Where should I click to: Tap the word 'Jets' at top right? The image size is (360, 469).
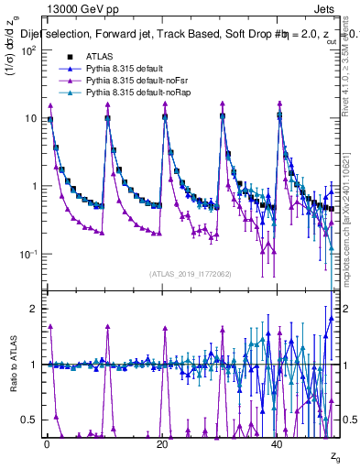[x=326, y=8]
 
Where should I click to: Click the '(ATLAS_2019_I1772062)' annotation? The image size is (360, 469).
[x=191, y=273]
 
